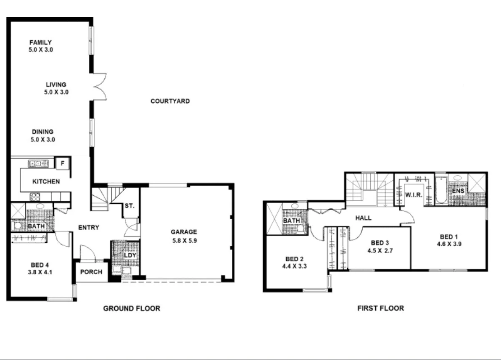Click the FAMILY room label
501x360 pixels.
point(40,42)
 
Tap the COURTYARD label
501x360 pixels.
point(170,101)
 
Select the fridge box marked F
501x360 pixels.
point(63,163)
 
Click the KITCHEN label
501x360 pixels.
point(46,182)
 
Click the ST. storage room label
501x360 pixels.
point(129,206)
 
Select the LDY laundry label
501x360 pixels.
point(129,255)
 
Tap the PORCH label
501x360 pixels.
point(91,272)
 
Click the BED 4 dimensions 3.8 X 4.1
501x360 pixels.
point(40,272)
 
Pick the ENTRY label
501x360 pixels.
point(89,228)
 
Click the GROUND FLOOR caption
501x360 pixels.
point(132,309)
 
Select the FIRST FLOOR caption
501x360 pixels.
point(380,308)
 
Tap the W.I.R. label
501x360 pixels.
point(413,194)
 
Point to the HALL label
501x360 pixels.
point(363,218)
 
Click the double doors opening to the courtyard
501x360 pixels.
point(100,87)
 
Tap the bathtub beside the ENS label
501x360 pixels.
point(440,191)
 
